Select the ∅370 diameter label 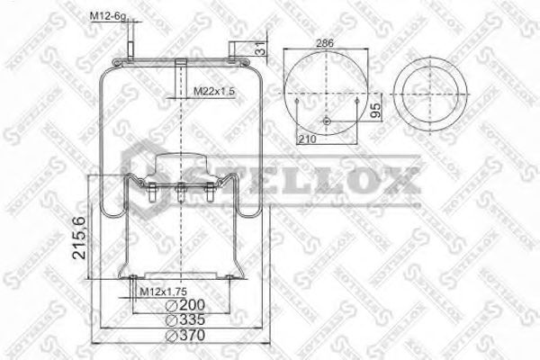186,336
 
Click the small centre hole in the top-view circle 325,122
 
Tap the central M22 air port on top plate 181,68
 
